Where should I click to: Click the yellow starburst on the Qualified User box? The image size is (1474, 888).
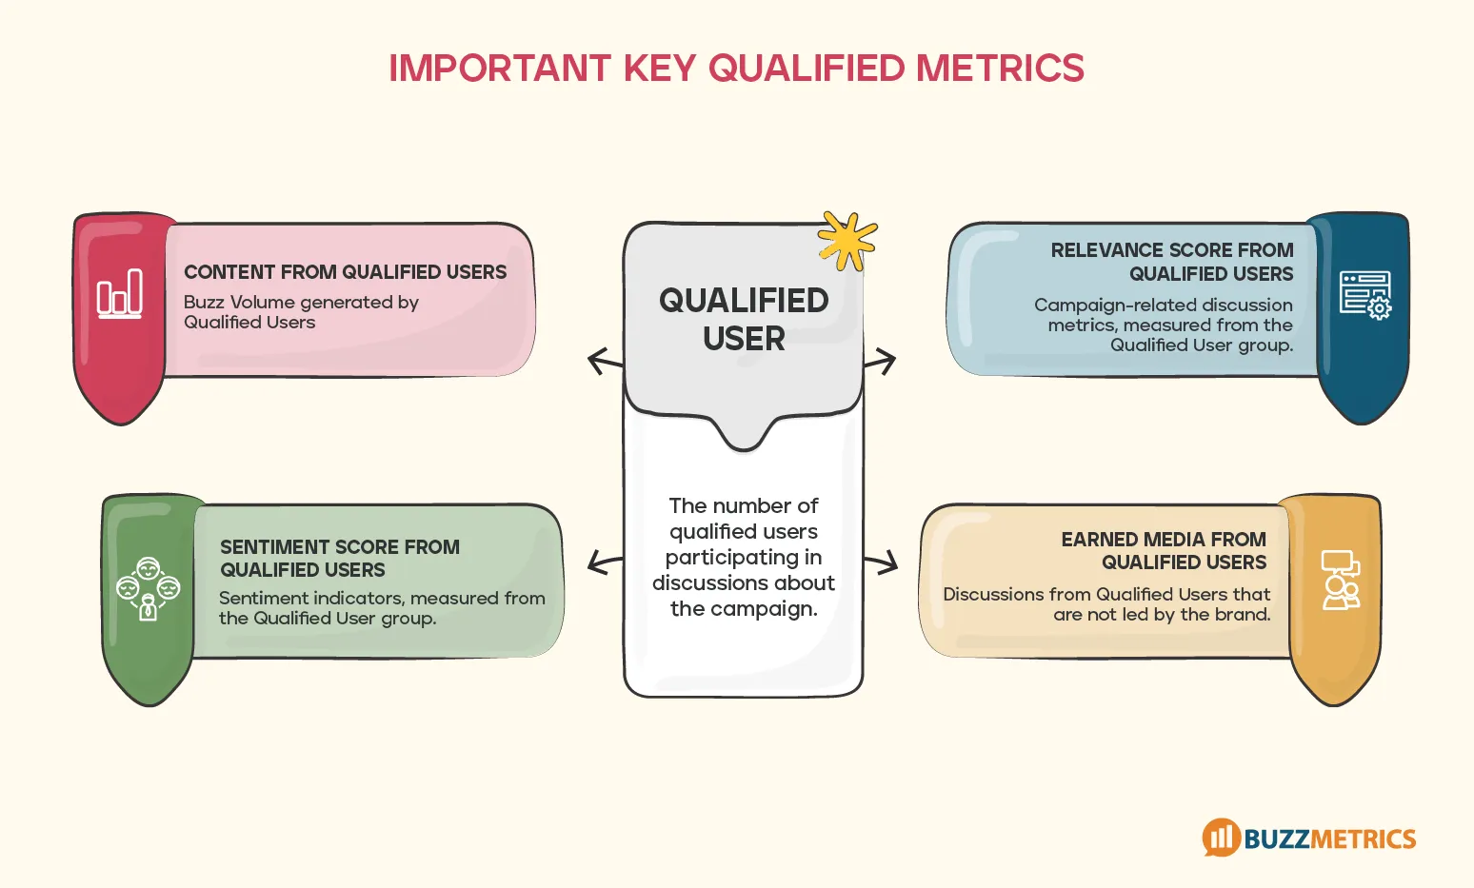click(x=847, y=240)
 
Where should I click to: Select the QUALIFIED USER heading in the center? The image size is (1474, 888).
click(x=744, y=320)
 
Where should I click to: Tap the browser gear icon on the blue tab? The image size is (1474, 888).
click(x=1365, y=295)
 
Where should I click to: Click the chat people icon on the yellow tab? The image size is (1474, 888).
click(x=1341, y=580)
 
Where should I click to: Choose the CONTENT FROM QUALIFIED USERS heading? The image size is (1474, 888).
click(x=345, y=272)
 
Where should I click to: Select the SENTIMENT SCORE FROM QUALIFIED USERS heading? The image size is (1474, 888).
click(x=339, y=559)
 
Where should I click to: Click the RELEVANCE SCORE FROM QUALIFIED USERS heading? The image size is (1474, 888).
click(x=1172, y=262)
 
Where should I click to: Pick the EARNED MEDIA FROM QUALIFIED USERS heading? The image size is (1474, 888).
click(x=1164, y=551)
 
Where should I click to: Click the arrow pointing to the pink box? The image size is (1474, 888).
click(x=604, y=362)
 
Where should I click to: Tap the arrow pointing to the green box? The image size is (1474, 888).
click(x=604, y=562)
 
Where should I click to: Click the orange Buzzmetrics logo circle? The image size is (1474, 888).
click(x=1221, y=838)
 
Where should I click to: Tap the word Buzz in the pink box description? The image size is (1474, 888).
click(x=204, y=303)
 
